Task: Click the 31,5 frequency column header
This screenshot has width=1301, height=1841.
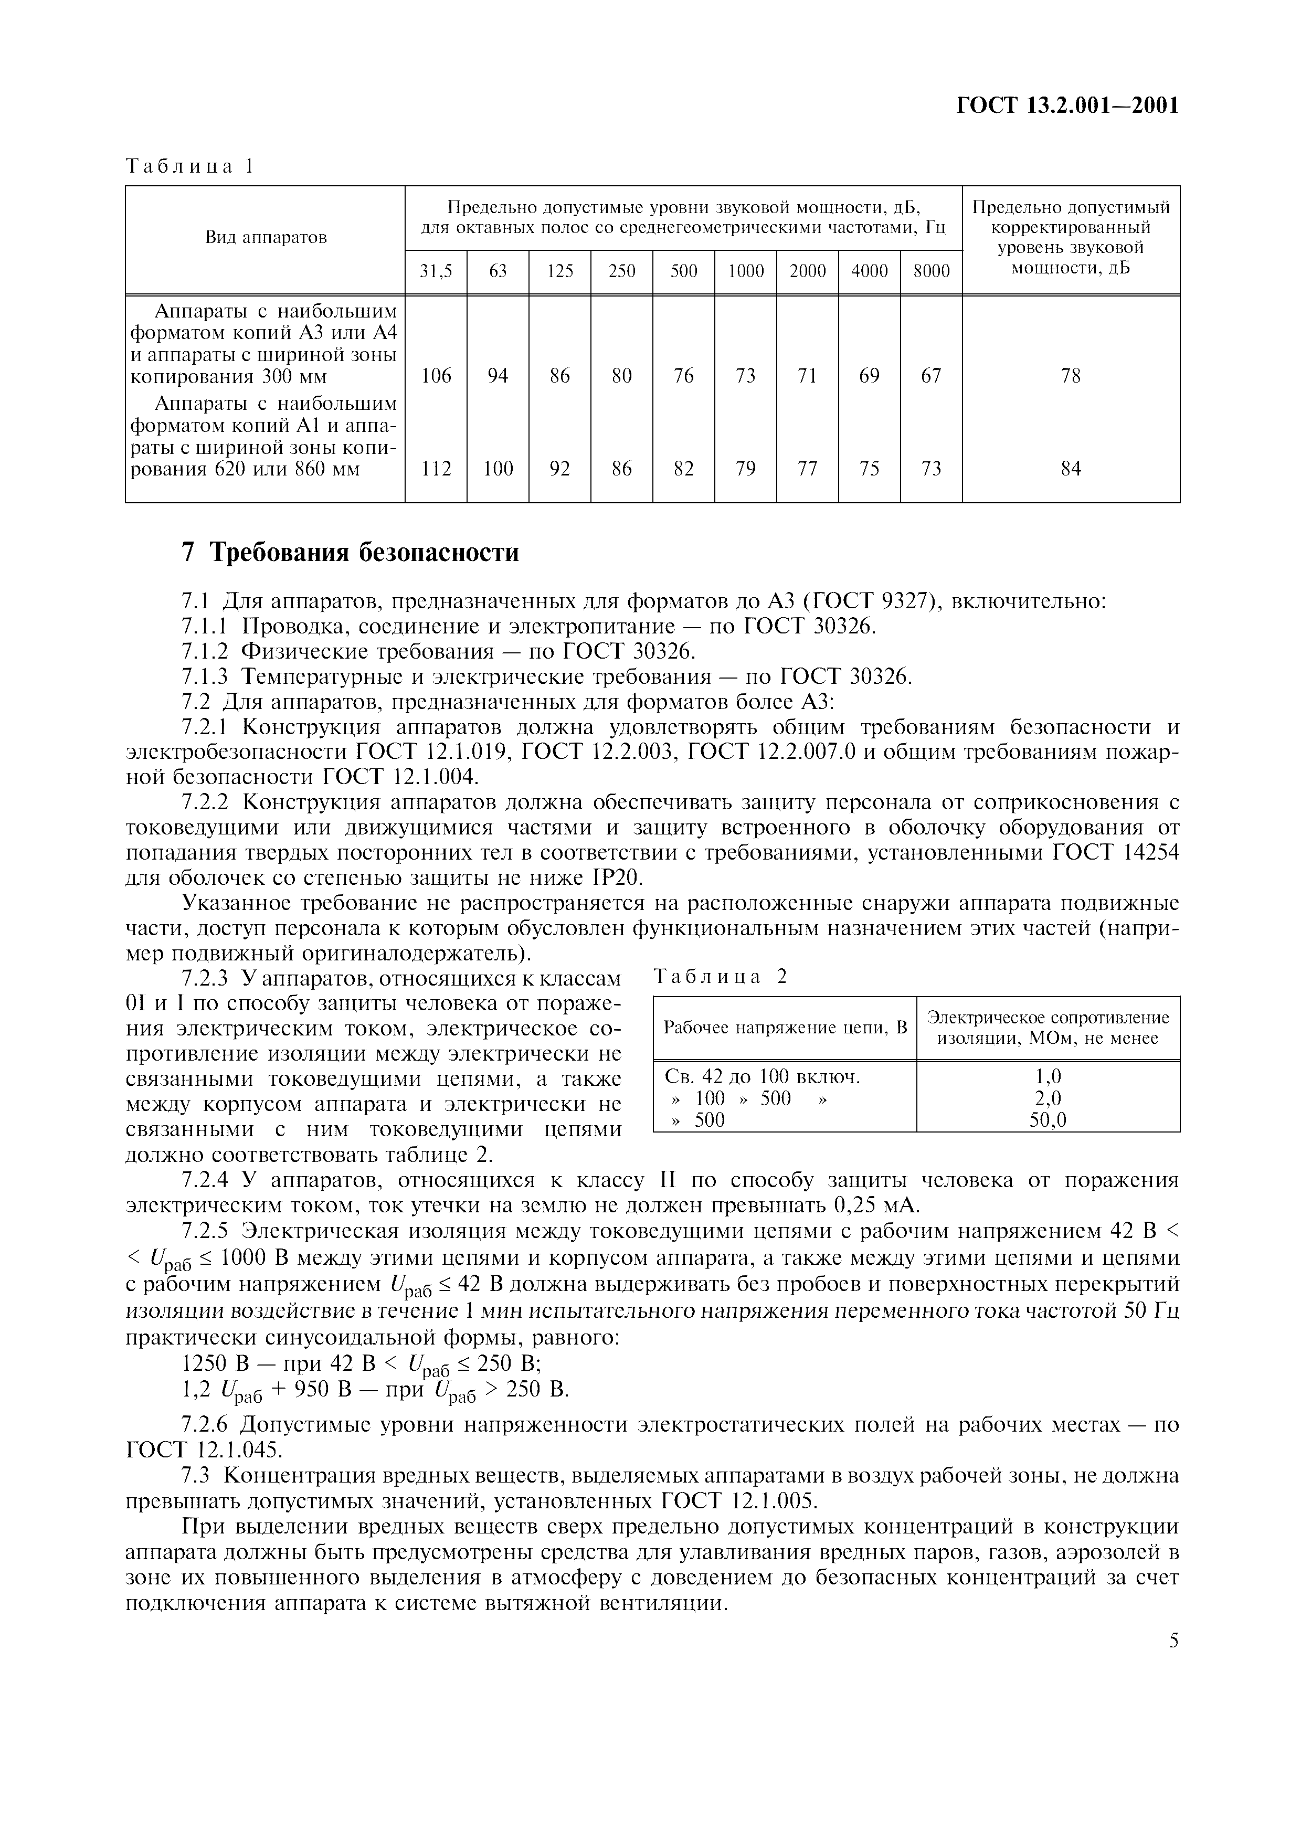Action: click(436, 272)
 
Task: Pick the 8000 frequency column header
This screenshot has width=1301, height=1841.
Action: click(930, 272)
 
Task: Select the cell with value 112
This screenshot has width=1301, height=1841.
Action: click(436, 469)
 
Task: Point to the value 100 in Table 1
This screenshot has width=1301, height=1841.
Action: click(498, 469)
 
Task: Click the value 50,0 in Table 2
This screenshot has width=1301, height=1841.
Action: click(1048, 1120)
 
